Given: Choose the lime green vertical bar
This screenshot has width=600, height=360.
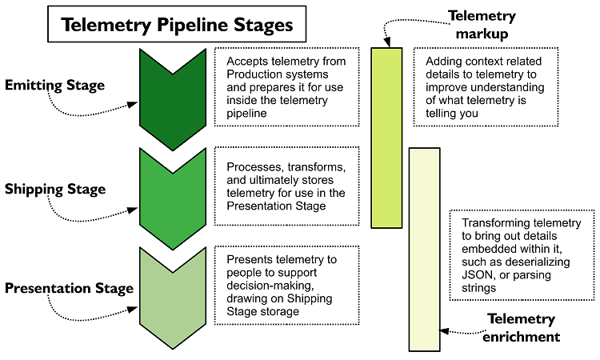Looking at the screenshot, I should (x=387, y=138).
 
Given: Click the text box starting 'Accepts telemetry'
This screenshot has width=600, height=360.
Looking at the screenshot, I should (x=286, y=86).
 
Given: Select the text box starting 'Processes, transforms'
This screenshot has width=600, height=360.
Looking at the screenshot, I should (x=286, y=186).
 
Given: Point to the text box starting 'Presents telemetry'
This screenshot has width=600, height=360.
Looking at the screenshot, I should (x=286, y=284).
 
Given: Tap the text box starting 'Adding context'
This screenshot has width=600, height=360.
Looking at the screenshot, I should (x=485, y=86).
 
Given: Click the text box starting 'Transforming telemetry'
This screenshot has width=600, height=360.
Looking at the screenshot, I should (x=521, y=254).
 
